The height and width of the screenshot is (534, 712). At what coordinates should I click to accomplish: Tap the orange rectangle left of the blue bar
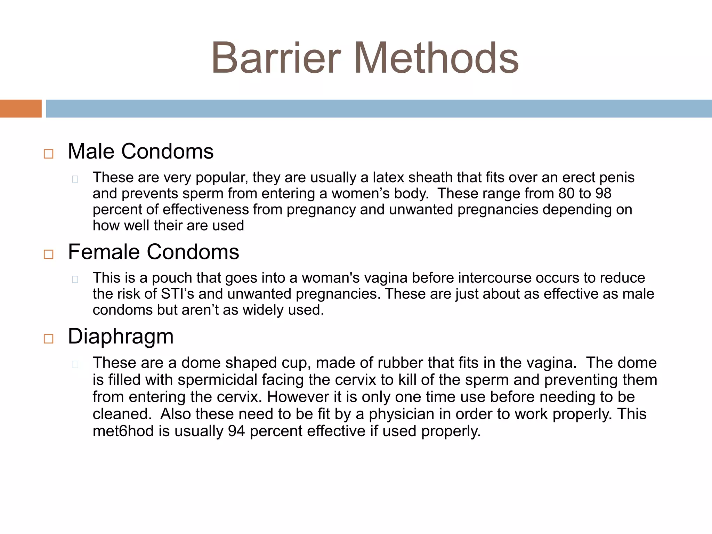pos(21,108)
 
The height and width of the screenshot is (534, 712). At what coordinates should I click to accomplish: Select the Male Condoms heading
pos(140,152)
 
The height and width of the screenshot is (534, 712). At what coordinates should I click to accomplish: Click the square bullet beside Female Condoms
pos(49,254)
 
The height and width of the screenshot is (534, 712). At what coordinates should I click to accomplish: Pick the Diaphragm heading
pos(121,337)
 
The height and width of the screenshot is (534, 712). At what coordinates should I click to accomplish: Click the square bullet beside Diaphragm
pos(49,339)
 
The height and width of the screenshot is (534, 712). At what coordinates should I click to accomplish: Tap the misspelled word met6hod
pos(123,431)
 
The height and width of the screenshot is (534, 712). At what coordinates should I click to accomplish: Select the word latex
pos(388,178)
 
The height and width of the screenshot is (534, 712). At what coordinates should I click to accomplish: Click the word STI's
pos(177,294)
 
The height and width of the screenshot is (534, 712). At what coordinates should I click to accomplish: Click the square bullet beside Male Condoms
pos(49,154)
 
